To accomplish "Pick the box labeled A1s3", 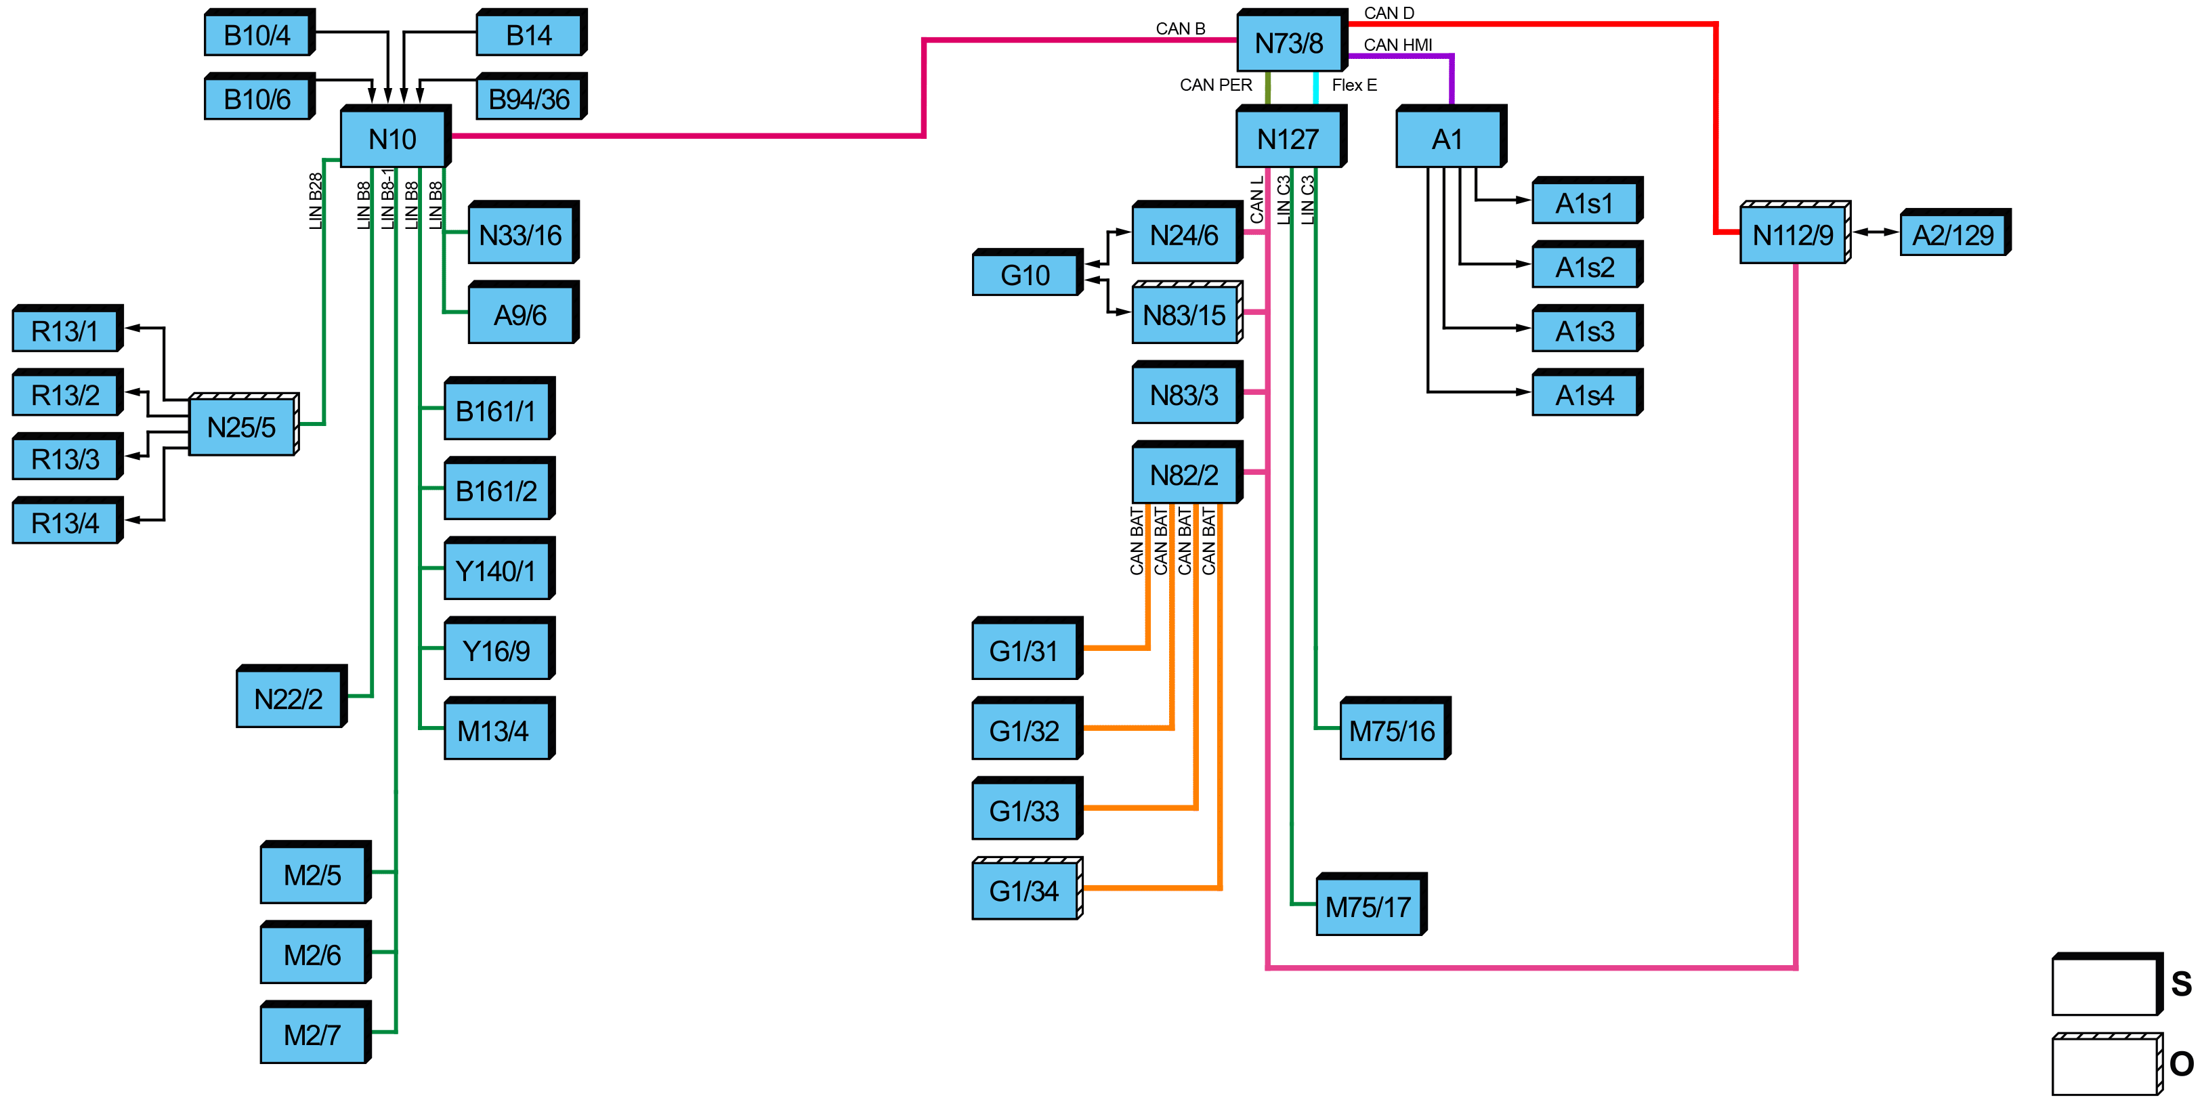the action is (x=1587, y=328).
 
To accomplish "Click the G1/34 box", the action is (x=1028, y=888).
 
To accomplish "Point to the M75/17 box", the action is (x=1371, y=904).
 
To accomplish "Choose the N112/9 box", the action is (x=1795, y=232).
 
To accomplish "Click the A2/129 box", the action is (x=1955, y=232).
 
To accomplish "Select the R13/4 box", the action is (x=68, y=520).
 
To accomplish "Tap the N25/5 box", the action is (x=243, y=425).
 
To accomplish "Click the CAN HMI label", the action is (x=1398, y=45).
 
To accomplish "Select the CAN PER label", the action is (x=1215, y=85).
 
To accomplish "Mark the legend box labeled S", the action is (x=2107, y=983).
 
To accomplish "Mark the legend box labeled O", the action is (x=2107, y=1064).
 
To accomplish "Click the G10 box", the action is (x=1028, y=272).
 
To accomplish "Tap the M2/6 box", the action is (x=315, y=952).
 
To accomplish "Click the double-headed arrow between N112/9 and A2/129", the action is (x=1876, y=232).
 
